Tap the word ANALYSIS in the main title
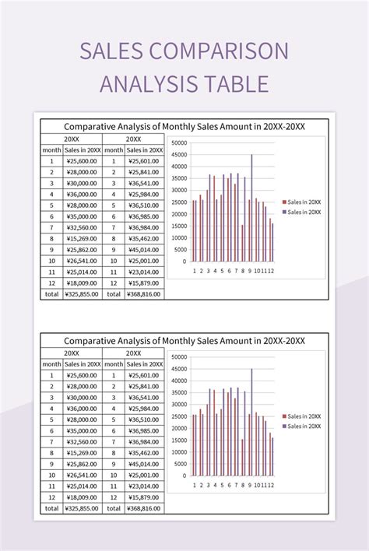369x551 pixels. (x=144, y=83)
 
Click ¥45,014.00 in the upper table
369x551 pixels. (x=144, y=250)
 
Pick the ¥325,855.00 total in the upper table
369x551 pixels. (x=82, y=294)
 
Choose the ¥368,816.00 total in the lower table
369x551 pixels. (x=144, y=508)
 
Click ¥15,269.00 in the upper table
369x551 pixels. (x=82, y=239)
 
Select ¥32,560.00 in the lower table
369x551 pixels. (x=82, y=441)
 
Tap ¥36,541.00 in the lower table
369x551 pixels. (x=144, y=397)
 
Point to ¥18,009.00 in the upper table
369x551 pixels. (x=82, y=283)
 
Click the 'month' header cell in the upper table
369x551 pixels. (x=51, y=150)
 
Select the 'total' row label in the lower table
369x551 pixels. (x=51, y=508)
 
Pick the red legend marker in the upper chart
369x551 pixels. (x=284, y=202)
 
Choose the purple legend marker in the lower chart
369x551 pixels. (x=284, y=426)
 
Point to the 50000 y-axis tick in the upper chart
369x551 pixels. (x=178, y=143)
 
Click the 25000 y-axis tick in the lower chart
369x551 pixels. (x=178, y=416)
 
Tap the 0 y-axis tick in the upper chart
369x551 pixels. (x=184, y=261)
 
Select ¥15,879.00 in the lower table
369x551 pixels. (x=144, y=497)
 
